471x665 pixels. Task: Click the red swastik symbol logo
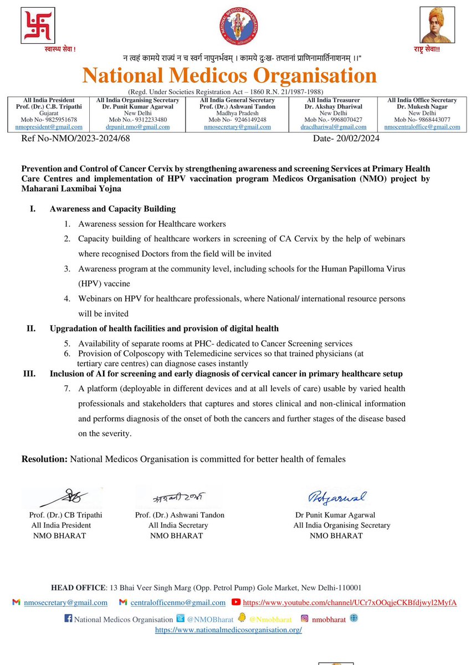coord(38,25)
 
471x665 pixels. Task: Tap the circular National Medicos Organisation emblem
coord(239,27)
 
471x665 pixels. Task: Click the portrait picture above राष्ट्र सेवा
coord(437,25)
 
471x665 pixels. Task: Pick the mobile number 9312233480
coord(144,120)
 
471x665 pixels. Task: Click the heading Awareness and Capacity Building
coord(112,209)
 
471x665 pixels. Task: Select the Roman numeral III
coord(28,374)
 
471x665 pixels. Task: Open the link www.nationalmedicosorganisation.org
coord(228,630)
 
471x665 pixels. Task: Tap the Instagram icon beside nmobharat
coord(304,618)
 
